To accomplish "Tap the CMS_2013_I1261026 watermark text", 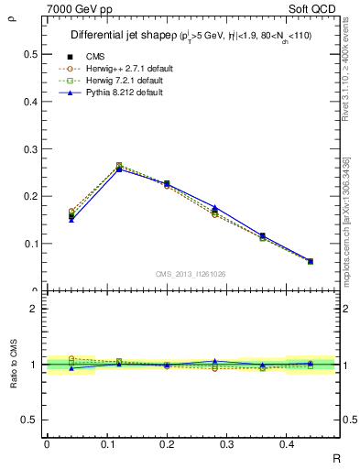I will [x=191, y=274].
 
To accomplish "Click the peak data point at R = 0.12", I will [x=119, y=168].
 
